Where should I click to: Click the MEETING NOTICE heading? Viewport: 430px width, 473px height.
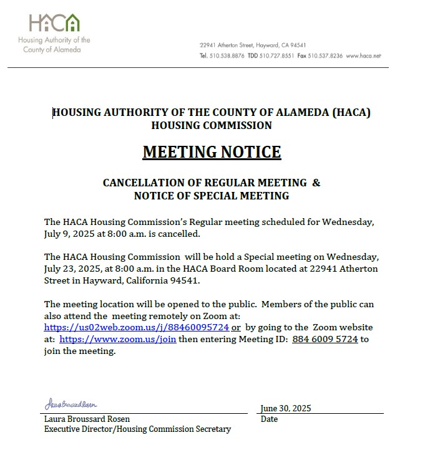pos(212,151)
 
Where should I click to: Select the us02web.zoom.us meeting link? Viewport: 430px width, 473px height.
pos(137,327)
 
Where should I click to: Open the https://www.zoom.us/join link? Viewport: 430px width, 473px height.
pos(117,339)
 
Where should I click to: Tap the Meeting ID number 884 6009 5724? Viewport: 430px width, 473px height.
pos(325,339)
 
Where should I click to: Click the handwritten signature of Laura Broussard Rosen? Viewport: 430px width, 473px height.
pos(71,405)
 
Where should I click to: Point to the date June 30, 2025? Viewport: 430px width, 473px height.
pos(286,408)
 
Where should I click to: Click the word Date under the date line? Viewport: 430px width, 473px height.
pos(269,419)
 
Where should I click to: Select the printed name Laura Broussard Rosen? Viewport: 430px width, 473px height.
pos(87,419)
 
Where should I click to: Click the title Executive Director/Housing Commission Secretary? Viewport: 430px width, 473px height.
pos(137,429)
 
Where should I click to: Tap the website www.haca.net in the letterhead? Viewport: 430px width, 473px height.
pos(363,55)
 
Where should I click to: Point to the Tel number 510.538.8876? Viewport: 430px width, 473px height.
pos(227,55)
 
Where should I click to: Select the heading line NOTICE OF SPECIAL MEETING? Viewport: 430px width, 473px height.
pos(212,196)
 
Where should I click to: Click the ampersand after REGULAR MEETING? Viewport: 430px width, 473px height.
pos(316,183)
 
